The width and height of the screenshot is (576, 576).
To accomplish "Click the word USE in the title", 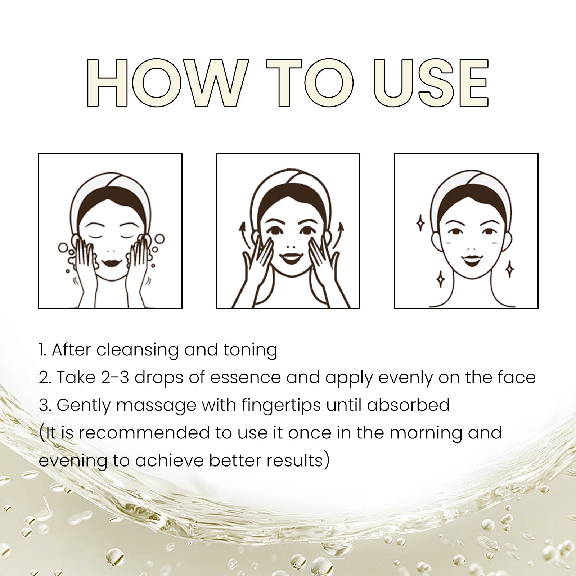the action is tap(431, 83).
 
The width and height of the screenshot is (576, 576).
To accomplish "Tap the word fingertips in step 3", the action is tap(282, 406).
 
